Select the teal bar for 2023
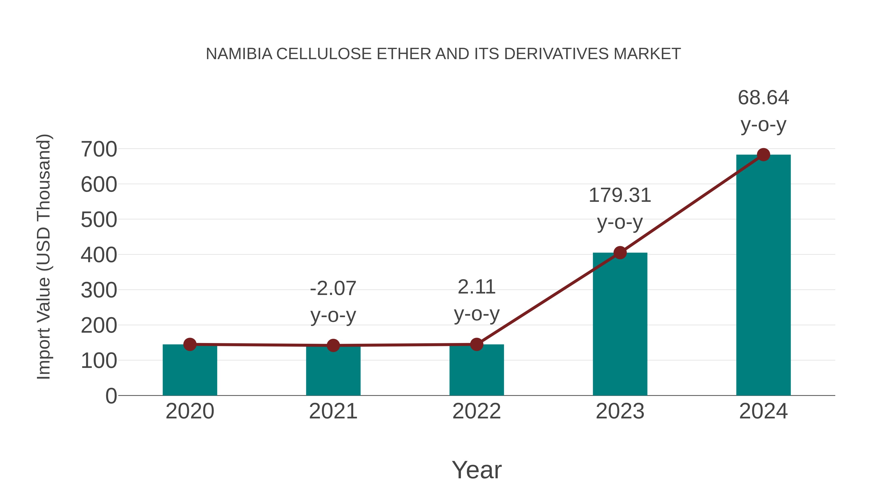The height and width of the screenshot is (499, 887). pos(620,326)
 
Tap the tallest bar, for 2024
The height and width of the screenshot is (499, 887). pos(763,275)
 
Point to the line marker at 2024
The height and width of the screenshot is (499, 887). pos(763,155)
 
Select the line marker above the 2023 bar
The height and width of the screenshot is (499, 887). pos(620,253)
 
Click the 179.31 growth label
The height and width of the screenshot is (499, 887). pos(620,196)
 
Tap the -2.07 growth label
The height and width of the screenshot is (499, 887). pos(333,289)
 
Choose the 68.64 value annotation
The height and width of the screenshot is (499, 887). pos(763,98)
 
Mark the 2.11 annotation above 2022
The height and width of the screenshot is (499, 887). pos(477,287)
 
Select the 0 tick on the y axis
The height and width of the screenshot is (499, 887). pos(111,396)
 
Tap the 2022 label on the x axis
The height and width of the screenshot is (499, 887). pos(477,411)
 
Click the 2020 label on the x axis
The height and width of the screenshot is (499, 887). pos(190,411)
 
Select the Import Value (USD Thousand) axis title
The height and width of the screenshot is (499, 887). pos(44,257)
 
